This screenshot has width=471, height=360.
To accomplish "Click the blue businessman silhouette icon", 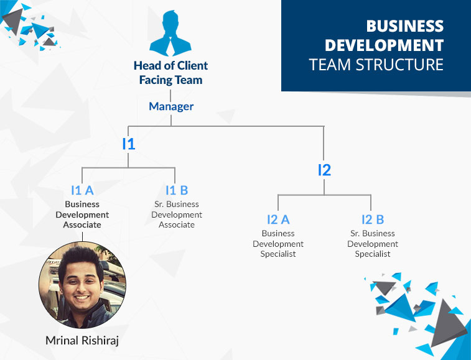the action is click(170, 34).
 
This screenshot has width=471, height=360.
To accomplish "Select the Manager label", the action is click(171, 106).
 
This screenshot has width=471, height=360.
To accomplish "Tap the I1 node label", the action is click(129, 144).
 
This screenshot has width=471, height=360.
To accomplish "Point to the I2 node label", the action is click(324, 170).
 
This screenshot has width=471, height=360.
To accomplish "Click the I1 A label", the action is click(82, 190).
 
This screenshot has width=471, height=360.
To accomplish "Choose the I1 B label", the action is click(177, 190).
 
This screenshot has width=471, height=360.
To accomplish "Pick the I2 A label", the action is click(278, 219).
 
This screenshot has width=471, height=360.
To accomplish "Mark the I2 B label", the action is click(373, 219).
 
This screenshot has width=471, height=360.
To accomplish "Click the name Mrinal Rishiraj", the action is click(82, 341).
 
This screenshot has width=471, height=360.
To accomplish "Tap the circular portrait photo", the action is click(82, 285).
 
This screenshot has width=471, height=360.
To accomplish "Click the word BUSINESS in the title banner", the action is click(404, 26).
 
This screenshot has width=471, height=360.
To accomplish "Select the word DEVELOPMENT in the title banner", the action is click(384, 45).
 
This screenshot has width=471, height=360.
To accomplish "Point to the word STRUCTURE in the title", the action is click(399, 65).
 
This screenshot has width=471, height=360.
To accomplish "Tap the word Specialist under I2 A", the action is click(278, 254).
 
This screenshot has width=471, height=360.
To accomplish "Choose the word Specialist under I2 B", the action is click(373, 254).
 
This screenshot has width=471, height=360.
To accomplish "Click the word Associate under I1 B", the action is click(177, 224).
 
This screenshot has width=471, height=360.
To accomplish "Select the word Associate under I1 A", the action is click(82, 224).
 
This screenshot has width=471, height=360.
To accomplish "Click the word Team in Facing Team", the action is click(189, 80).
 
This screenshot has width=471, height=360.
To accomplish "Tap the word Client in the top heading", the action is click(192, 65).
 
